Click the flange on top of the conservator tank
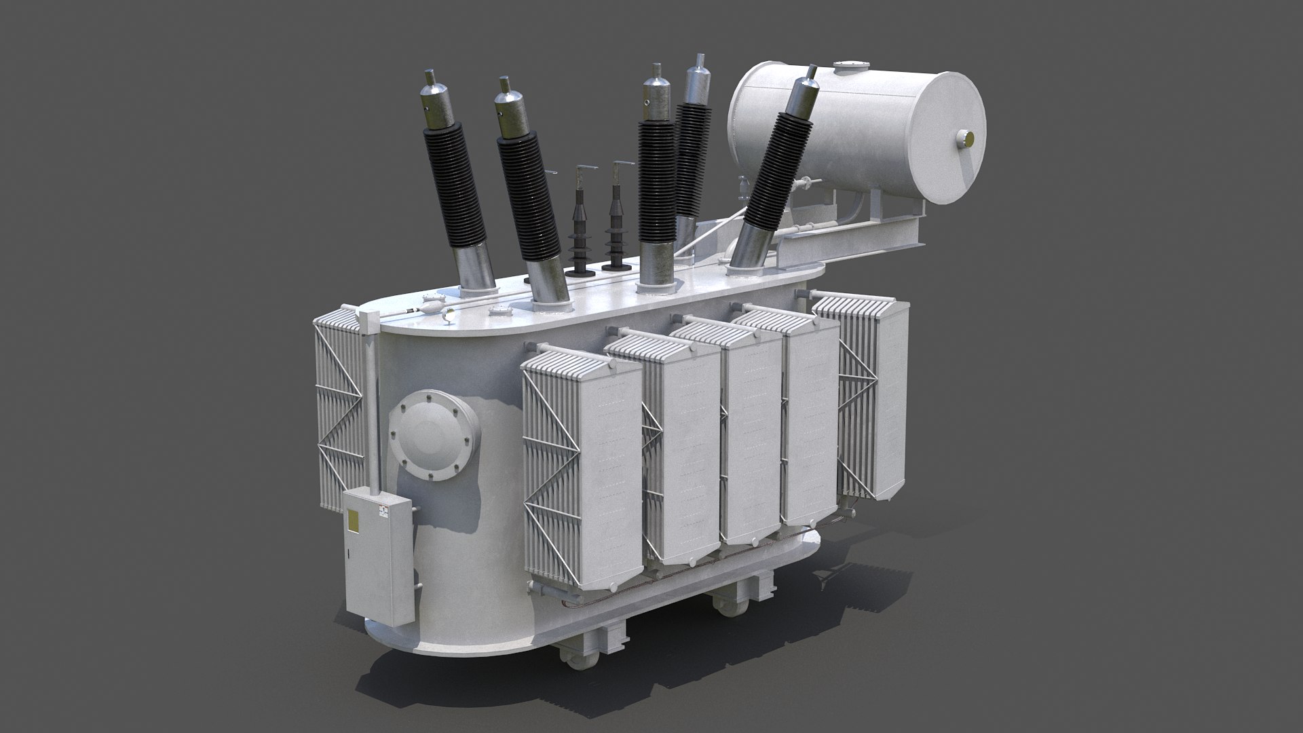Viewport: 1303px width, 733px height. [850, 66]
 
